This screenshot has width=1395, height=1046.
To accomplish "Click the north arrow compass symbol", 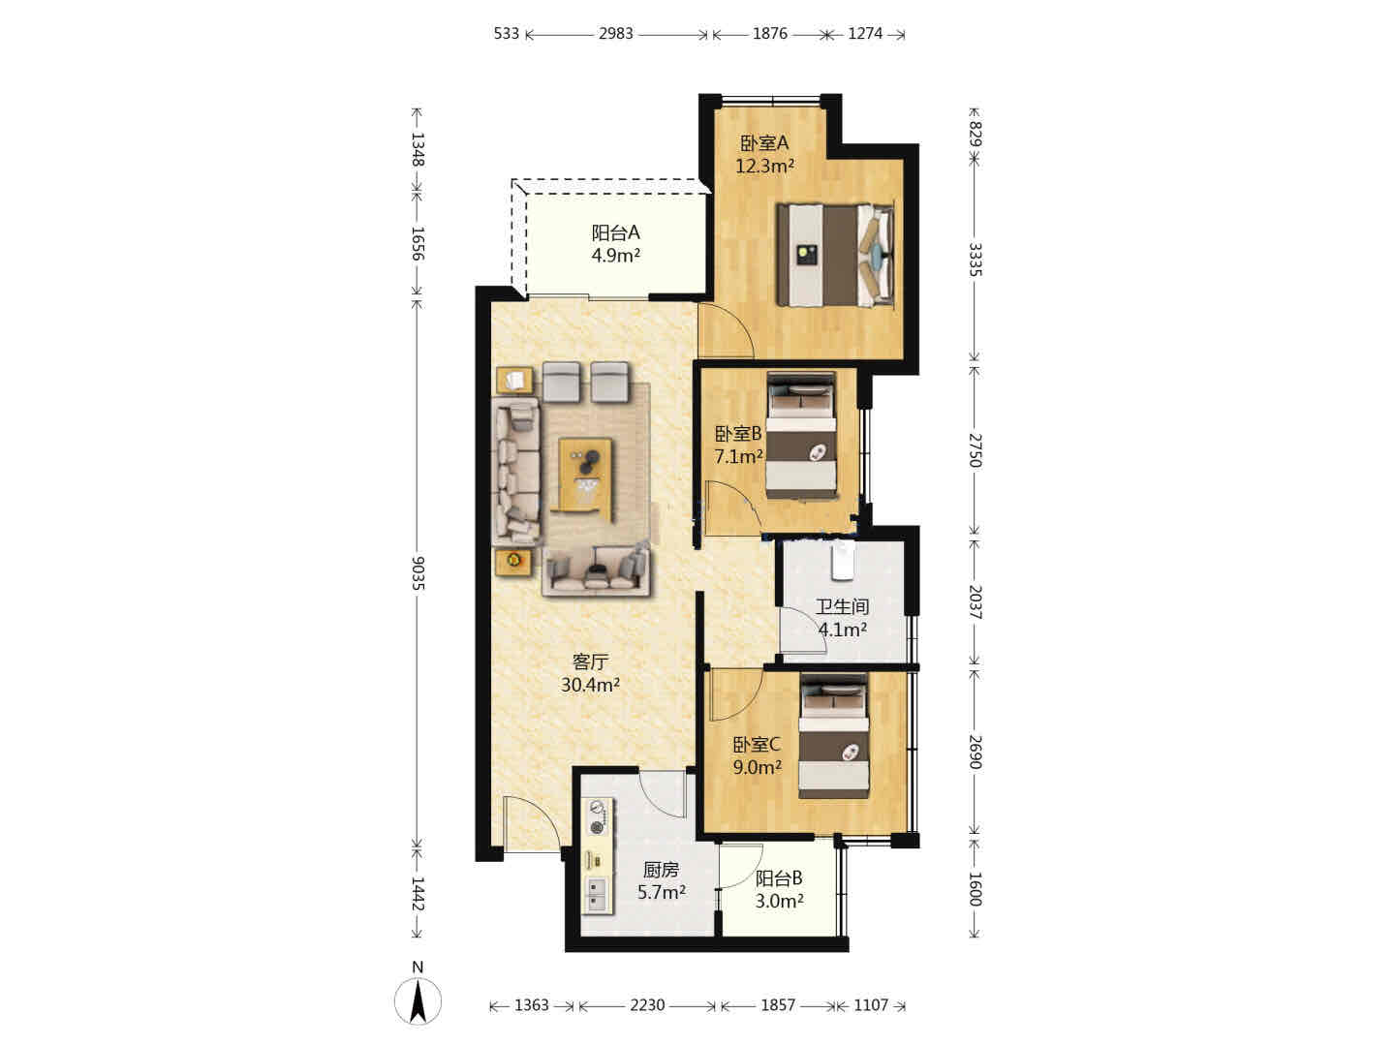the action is [418, 1001].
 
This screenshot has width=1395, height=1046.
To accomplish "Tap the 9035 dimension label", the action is [418, 572].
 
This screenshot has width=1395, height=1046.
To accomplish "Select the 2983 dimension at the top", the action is [615, 34].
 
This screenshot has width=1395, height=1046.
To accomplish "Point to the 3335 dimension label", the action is [975, 260].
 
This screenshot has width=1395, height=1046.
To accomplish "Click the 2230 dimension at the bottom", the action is [647, 1005].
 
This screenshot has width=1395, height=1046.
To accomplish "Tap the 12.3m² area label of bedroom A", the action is [764, 167].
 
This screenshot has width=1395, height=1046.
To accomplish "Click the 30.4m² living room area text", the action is [590, 686].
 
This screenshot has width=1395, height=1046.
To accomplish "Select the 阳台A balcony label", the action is [615, 233].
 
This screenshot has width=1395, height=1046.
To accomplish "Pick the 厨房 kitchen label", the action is [661, 870].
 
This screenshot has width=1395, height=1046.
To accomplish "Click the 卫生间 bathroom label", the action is [842, 606].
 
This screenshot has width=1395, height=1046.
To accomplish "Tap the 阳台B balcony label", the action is [779, 878].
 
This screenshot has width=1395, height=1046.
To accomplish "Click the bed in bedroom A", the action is [835, 255].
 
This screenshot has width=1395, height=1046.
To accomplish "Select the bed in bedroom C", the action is [834, 737].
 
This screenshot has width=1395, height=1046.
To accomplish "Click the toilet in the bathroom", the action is [843, 560].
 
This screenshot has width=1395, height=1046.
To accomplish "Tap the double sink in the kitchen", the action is [597, 895].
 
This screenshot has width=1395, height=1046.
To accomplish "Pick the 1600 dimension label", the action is [975, 889].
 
